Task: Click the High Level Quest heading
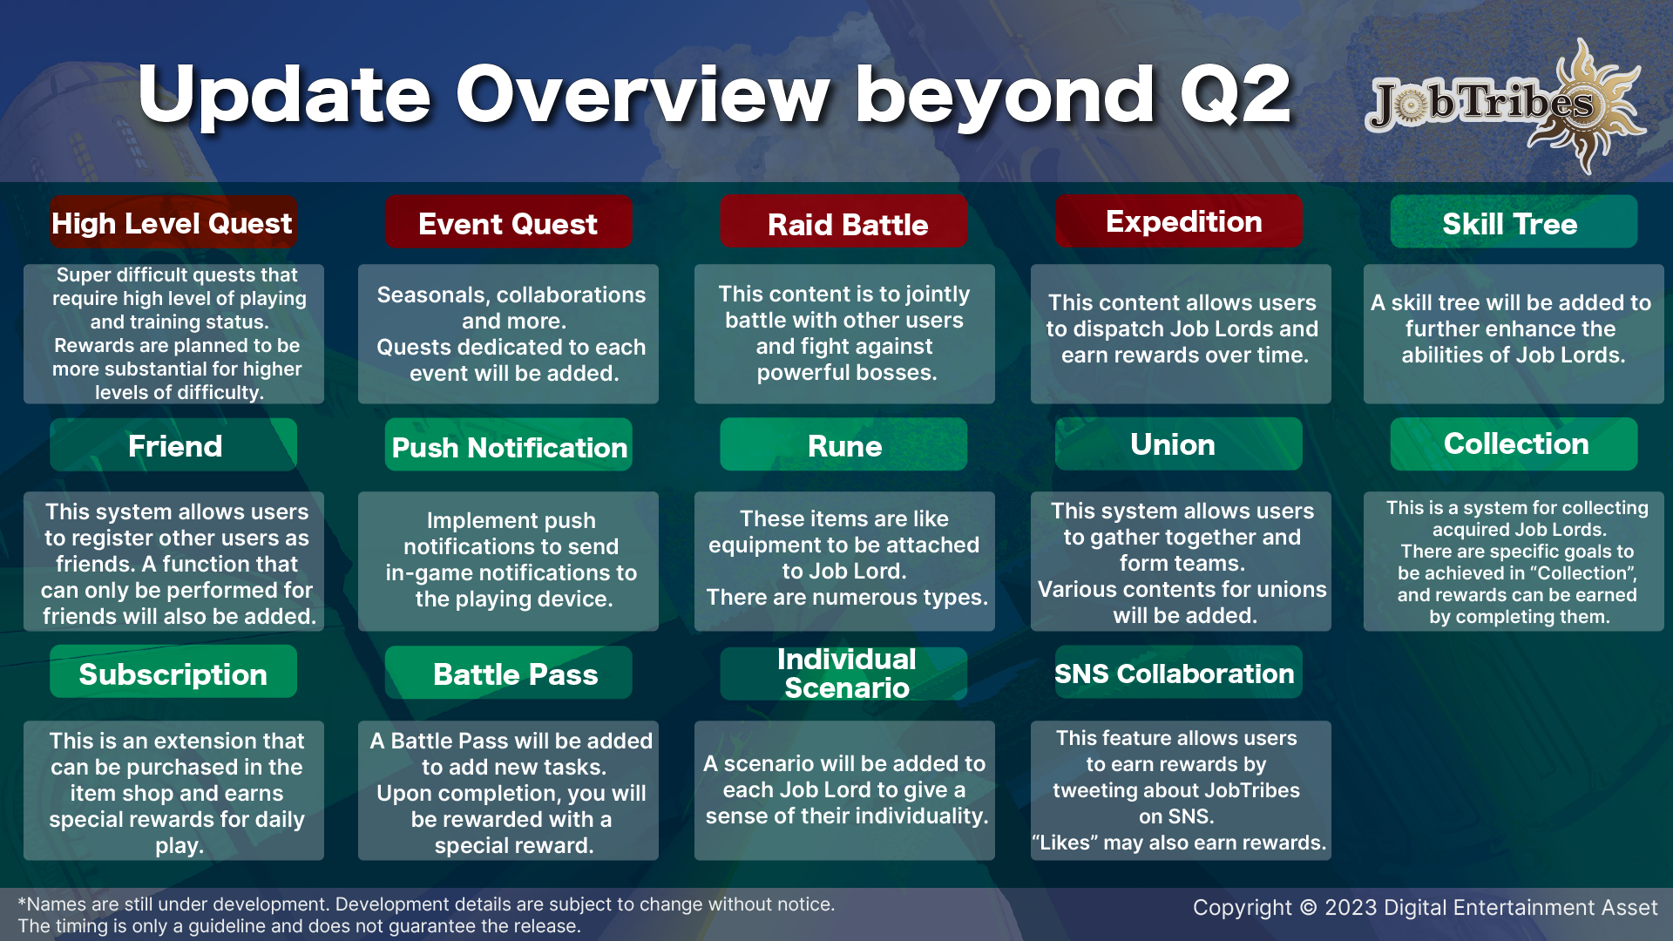point(173,223)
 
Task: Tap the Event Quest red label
point(508,223)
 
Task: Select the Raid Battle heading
point(843,223)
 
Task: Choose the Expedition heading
point(1179,221)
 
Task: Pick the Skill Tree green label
point(1514,223)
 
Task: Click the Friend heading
point(173,445)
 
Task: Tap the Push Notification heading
point(509,446)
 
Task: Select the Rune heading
point(843,445)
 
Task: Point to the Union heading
point(1179,444)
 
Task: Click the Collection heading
point(1514,444)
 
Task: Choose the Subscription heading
point(173,673)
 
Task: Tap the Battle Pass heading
point(509,673)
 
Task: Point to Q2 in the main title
point(1236,94)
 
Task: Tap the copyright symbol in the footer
point(1308,908)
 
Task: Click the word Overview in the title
point(643,94)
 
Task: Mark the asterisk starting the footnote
point(22,902)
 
